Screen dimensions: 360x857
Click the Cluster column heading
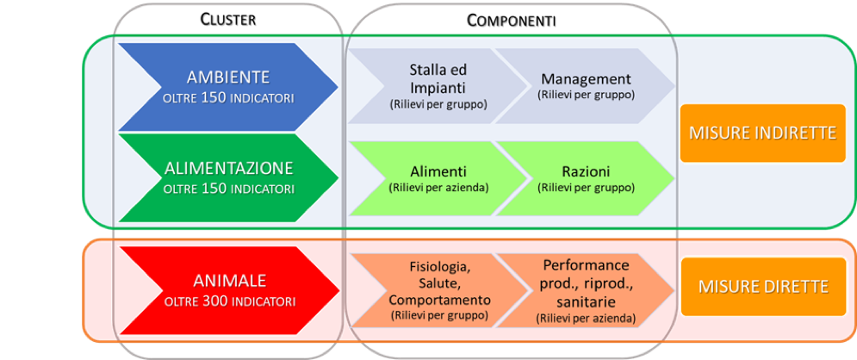(x=227, y=19)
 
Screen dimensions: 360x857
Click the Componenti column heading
(x=511, y=20)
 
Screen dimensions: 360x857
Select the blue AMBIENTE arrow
(x=227, y=85)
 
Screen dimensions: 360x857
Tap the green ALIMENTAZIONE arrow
(x=227, y=177)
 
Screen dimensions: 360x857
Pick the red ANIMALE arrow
(x=227, y=289)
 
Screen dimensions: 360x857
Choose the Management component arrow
(x=586, y=85)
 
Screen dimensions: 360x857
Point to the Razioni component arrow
(x=586, y=177)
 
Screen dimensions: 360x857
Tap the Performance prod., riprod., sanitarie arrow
(x=586, y=291)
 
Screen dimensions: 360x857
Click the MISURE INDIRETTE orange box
(x=762, y=133)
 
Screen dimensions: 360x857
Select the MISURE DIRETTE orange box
(x=762, y=286)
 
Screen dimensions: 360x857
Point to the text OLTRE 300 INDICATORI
(x=228, y=301)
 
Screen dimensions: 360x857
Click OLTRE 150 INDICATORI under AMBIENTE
(x=228, y=97)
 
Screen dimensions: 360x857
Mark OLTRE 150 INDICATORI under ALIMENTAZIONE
(x=228, y=189)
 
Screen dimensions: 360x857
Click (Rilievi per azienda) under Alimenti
(x=438, y=187)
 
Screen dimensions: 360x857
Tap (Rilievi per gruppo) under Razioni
(x=586, y=187)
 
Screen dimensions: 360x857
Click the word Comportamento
(x=439, y=301)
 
